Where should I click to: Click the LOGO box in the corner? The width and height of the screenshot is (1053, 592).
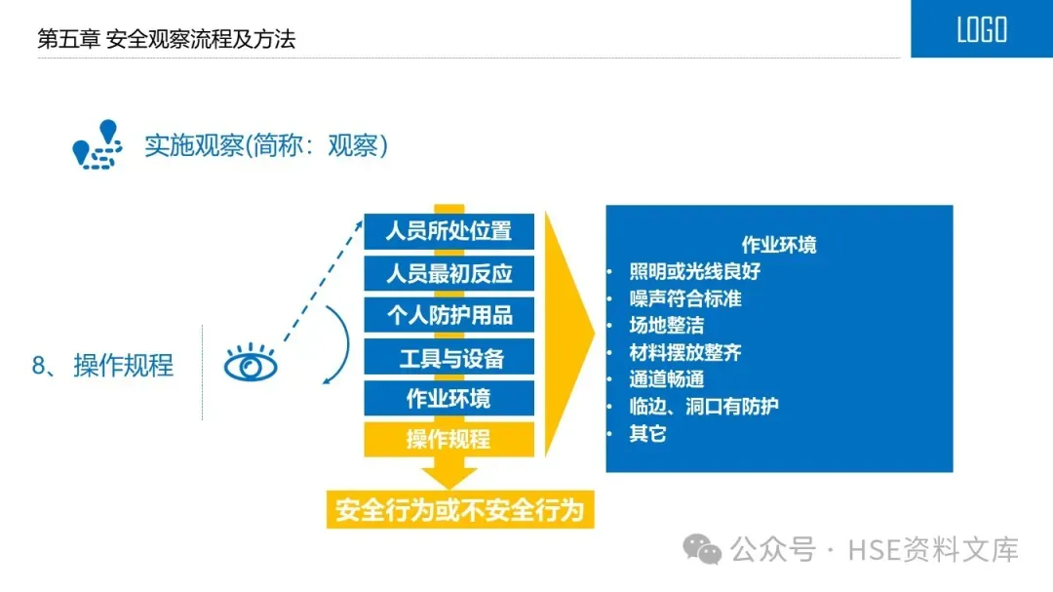tap(981, 29)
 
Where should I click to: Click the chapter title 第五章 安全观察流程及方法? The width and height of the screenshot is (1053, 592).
tap(166, 39)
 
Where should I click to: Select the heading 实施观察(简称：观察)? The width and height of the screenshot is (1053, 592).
tap(266, 145)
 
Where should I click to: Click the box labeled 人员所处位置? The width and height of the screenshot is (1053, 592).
tap(448, 231)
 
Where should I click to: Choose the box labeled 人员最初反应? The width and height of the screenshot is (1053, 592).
tap(448, 273)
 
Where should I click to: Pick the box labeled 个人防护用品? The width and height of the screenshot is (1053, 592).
tap(448, 315)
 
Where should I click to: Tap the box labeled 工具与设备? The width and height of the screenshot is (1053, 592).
tap(448, 357)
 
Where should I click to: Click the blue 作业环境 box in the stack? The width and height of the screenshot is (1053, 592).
tap(448, 398)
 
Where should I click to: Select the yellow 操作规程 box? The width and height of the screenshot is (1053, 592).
tap(448, 439)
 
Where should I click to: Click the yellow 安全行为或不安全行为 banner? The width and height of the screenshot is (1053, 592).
tap(458, 510)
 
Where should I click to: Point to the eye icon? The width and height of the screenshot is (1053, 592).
tap(251, 366)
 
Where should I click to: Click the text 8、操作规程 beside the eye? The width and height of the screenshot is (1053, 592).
tap(103, 366)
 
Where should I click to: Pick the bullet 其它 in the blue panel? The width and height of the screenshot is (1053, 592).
tap(647, 433)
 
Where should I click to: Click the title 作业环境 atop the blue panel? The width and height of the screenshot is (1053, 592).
tap(779, 244)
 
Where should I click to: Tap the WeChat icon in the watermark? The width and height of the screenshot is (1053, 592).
tap(702, 549)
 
